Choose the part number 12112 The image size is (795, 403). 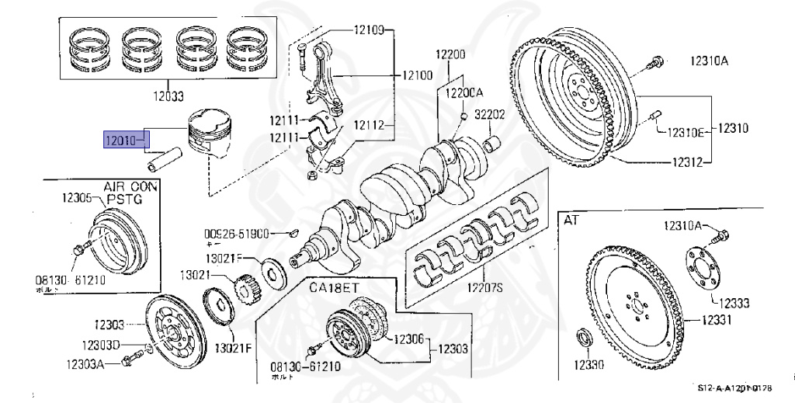point(370,124)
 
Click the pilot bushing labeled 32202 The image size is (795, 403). point(491,143)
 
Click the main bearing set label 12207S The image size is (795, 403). point(484,288)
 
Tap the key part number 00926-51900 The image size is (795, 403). point(236,233)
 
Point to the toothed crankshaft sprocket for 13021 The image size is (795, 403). point(247,289)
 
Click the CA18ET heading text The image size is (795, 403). point(334,287)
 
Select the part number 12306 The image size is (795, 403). point(408,339)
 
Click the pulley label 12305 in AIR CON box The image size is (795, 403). point(78,198)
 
